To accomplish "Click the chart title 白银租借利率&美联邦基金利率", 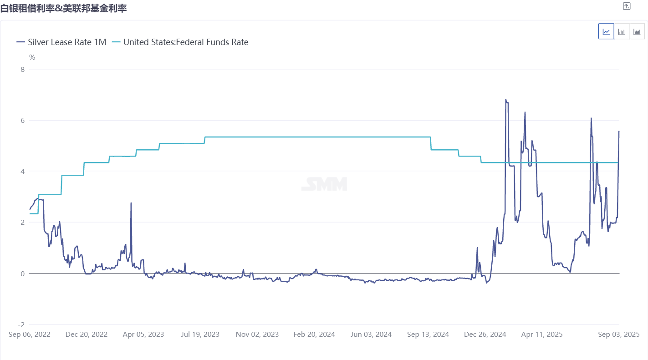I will (63, 8).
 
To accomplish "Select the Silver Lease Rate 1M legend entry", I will (61, 42).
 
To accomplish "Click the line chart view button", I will (606, 31).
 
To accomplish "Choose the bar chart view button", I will (622, 31).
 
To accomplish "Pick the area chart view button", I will (637, 31).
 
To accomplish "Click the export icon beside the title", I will (627, 6).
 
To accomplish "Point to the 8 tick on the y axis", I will (21, 69).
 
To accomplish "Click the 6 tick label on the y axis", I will (21, 120).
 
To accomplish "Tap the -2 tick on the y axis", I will (20, 325).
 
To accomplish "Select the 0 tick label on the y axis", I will (21, 274).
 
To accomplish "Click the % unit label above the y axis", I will (32, 57).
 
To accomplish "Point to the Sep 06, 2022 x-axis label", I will (30, 335).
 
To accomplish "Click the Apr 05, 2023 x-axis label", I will (143, 335).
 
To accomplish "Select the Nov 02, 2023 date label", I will (257, 335).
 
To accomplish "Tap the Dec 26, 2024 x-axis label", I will (485, 335).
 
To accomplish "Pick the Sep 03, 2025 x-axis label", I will (618, 335).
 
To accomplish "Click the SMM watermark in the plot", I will (324, 184).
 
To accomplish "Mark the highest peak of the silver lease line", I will (505, 100).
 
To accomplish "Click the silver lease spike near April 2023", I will (131, 203).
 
